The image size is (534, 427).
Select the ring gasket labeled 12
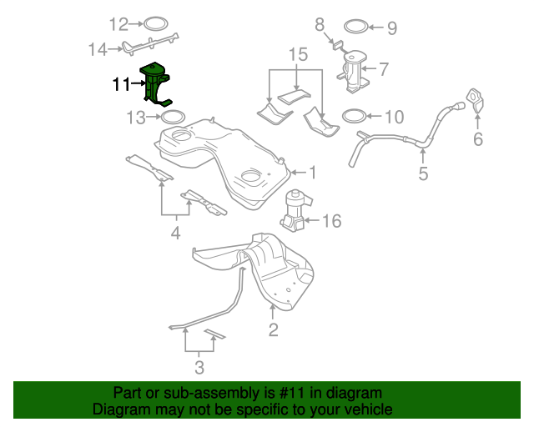click(156, 23)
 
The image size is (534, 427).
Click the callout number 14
click(98, 49)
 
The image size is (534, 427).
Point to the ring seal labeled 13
click(171, 118)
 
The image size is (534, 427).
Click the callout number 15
click(298, 55)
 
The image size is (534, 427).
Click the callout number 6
click(478, 139)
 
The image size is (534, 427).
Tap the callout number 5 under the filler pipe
click(423, 173)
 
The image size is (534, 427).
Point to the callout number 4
click(175, 234)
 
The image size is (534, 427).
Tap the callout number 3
click(199, 367)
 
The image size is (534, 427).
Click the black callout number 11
click(122, 84)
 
